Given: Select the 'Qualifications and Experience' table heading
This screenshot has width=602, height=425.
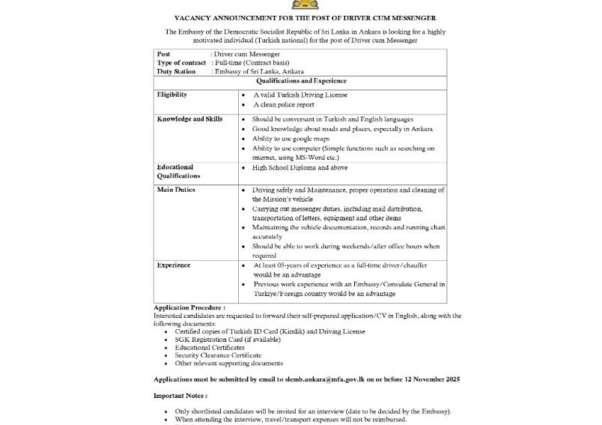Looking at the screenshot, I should coord(301,81).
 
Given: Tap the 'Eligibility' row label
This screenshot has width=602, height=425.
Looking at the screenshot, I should coord(171,95).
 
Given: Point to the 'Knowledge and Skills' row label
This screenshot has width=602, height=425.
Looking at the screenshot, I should coord(189,119).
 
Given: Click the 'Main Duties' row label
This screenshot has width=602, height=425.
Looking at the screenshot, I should coord(176,190).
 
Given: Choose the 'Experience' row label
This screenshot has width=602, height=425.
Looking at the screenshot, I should coord(173,265).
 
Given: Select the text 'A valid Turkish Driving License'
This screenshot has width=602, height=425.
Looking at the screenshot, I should coord(300,95).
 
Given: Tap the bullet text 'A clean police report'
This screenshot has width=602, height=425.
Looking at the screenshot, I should coord(285,105).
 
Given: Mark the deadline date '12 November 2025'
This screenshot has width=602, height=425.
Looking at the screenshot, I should coord(431,380).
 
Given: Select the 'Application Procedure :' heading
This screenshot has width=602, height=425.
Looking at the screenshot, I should coord(189,308).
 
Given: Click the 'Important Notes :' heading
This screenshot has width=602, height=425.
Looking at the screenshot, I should coord(180,395).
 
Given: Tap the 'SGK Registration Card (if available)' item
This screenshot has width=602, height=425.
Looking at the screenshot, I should coord(228,340).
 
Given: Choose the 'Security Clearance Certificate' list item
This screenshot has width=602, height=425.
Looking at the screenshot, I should coord(218,355).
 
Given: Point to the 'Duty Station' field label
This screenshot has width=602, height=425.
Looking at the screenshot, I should coord(176,72).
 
